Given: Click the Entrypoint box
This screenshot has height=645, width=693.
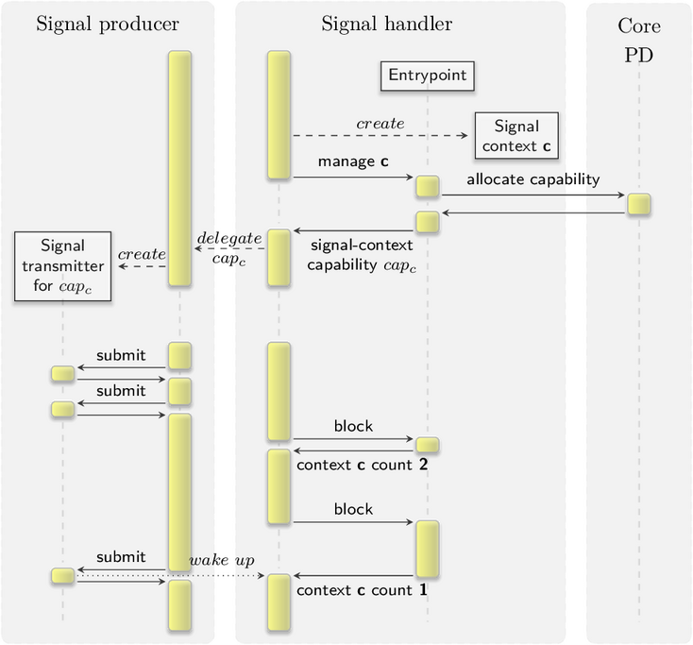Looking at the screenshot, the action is tap(428, 76).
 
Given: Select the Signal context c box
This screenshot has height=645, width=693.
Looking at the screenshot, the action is tap(516, 135).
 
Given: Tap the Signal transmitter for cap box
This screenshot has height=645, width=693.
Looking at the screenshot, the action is tap(62, 266).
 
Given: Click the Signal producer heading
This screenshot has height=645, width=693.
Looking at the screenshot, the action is tap(108, 24).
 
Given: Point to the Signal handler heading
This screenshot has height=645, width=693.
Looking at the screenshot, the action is tap(387, 24).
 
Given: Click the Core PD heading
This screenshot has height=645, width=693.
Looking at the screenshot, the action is tap(639, 41).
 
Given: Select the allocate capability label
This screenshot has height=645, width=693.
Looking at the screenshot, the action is tap(533, 179).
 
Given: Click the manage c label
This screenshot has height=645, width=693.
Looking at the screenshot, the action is tap(353, 161).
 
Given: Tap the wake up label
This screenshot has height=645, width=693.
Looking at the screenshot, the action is tap(222, 560).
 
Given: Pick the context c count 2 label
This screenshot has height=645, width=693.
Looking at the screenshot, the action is tap(362, 465).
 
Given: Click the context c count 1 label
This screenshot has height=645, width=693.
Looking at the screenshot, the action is tap(362, 590).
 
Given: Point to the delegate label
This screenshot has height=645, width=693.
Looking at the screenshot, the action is tap(229, 238).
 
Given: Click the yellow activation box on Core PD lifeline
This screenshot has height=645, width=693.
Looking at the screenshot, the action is tap(639, 204).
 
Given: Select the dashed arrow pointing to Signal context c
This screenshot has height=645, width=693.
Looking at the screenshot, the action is tap(380, 135).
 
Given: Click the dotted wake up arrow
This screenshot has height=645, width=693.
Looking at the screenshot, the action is tap(171, 576).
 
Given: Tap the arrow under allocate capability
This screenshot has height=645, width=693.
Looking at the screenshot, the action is tap(533, 195).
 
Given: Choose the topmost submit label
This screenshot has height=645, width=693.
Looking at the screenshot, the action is tap(121, 355).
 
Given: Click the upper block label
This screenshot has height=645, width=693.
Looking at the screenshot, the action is tap(353, 426).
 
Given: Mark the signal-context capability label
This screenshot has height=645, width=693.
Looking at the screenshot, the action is tap(362, 256).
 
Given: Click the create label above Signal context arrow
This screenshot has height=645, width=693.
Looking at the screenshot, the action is tap(380, 124).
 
